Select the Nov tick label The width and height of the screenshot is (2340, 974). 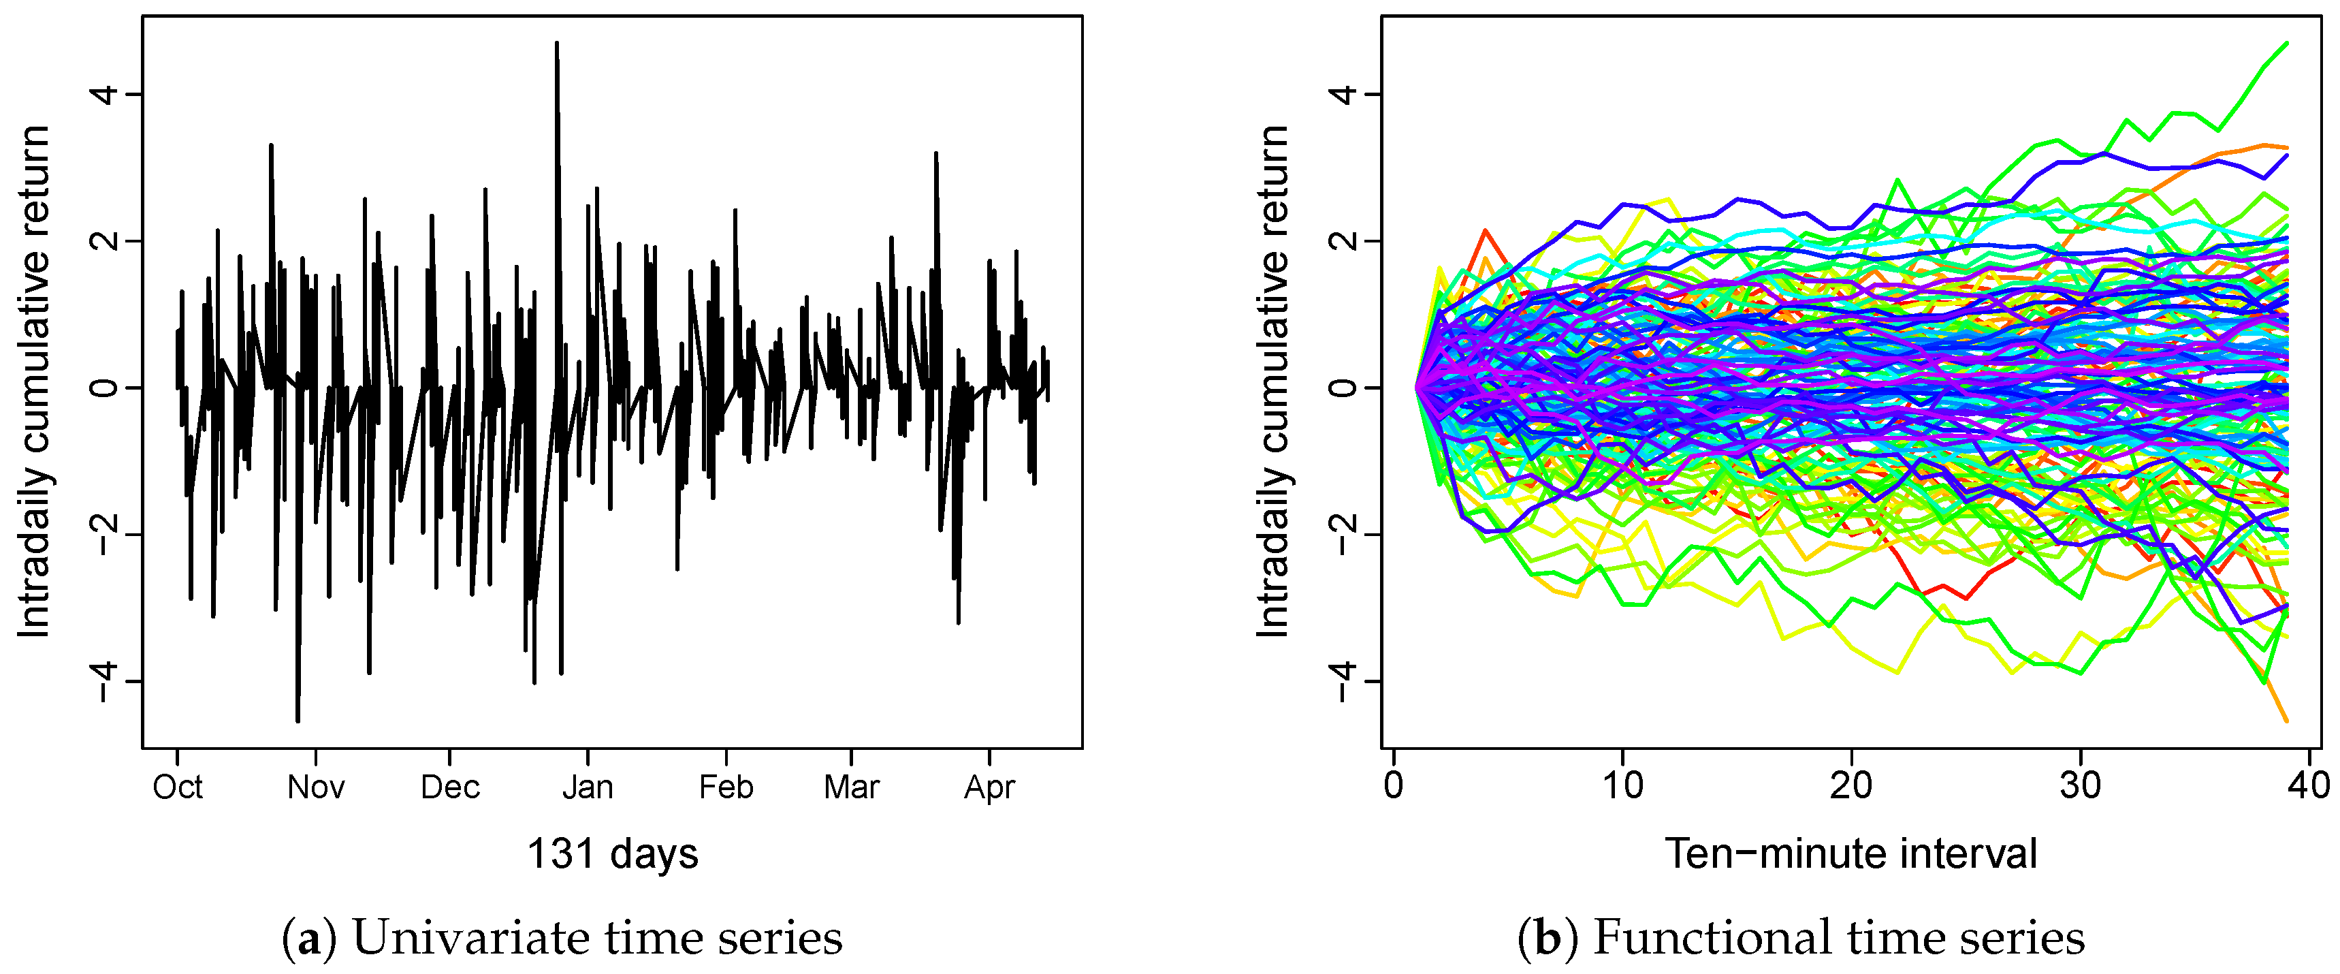[x=315, y=787]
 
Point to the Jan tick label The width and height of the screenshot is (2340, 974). [x=588, y=787]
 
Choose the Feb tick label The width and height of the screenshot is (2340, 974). [x=726, y=787]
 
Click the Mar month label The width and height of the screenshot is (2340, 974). [x=851, y=787]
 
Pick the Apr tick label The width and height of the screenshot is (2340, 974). [x=989, y=787]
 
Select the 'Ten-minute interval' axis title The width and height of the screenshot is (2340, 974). [x=1850, y=854]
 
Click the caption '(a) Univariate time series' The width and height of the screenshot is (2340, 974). [x=563, y=938]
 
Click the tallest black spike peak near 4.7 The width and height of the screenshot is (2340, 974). [x=557, y=43]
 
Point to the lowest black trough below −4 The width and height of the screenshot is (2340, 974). [x=298, y=721]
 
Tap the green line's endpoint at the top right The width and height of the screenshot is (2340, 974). [x=2286, y=43]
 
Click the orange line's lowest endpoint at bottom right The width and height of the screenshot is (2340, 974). [x=2286, y=721]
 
